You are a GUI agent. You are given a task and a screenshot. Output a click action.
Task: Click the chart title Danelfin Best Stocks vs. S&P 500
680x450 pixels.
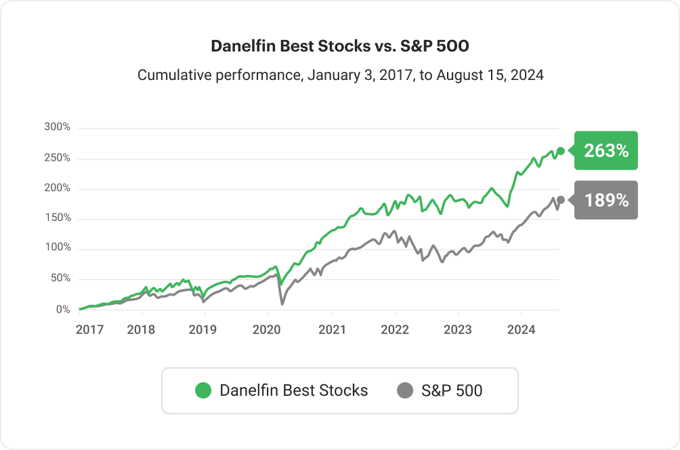(x=339, y=46)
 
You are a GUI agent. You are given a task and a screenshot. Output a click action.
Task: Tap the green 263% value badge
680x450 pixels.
(x=606, y=150)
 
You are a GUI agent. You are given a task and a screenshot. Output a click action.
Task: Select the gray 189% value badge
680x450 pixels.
(x=606, y=201)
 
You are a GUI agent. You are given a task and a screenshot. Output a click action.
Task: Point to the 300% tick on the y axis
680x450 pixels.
(x=57, y=127)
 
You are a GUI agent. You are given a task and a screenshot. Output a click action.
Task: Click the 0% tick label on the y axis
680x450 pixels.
(x=62, y=310)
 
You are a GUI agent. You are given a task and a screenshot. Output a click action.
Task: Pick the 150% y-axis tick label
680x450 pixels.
(x=57, y=218)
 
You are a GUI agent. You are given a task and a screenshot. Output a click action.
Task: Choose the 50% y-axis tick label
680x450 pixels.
(x=60, y=279)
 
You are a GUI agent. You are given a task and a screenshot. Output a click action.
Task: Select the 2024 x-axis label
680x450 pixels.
(x=522, y=330)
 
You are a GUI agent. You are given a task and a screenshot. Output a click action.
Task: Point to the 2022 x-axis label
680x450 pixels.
(x=395, y=330)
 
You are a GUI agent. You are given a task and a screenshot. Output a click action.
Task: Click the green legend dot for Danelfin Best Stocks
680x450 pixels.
(x=203, y=390)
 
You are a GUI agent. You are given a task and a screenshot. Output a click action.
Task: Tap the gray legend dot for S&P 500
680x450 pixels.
(x=405, y=390)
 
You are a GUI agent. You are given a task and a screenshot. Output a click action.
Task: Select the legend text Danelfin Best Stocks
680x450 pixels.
(x=294, y=390)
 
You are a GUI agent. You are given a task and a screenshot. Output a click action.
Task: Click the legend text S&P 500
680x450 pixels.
(x=452, y=390)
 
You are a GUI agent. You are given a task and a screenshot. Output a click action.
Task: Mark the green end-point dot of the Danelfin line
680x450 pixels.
(x=560, y=150)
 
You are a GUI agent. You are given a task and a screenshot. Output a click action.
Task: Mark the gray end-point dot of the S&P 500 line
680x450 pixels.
(x=560, y=200)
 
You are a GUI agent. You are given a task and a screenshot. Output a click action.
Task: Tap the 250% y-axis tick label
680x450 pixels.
(x=57, y=158)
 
